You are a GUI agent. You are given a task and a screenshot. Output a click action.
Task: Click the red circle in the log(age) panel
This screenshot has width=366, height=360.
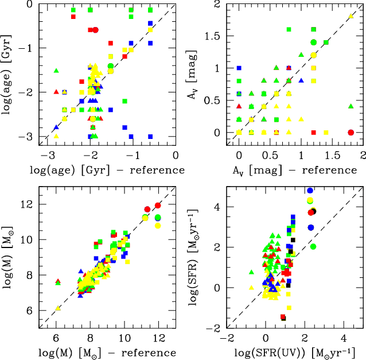click(95, 30)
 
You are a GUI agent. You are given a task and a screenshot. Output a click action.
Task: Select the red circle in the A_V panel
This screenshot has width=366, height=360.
click(351, 132)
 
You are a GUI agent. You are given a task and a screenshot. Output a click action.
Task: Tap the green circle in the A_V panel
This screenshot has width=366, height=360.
click(313, 42)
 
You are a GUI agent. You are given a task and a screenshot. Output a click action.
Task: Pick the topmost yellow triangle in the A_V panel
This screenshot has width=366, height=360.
click(351, 16)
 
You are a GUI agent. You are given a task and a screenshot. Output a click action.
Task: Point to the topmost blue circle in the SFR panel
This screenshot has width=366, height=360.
click(310, 191)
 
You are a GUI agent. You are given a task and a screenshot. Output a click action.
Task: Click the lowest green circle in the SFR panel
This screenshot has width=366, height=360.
click(313, 246)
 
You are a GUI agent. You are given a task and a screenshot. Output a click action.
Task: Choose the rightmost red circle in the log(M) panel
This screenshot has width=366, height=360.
click(158, 206)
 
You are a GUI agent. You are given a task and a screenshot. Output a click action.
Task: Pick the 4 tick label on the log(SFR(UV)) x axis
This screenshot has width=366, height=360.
click(344, 339)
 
